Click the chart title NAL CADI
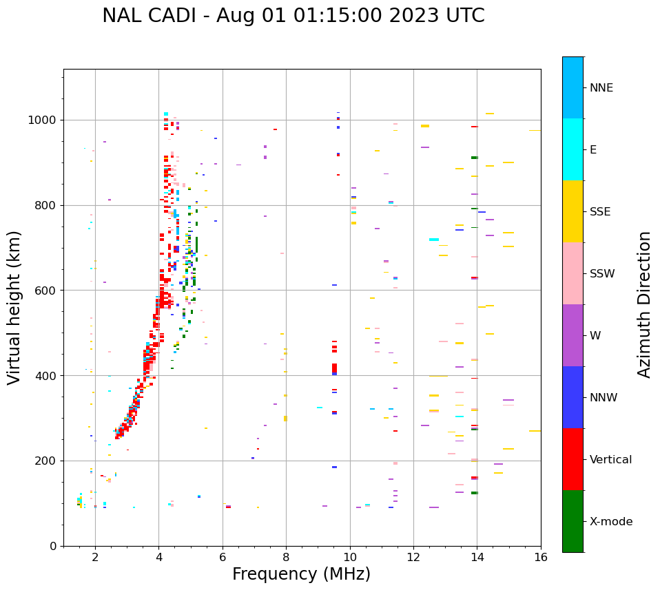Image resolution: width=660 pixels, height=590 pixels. (x=293, y=16)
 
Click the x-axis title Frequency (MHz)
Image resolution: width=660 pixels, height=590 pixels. (x=301, y=574)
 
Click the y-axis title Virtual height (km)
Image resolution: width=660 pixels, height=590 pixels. (x=14, y=307)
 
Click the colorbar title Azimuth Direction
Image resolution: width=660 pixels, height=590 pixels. (x=644, y=304)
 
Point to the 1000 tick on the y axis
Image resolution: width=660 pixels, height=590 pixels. (x=46, y=120)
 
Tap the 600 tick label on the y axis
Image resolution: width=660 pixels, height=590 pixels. (x=50, y=291)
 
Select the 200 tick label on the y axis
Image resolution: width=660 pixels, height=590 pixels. (x=50, y=461)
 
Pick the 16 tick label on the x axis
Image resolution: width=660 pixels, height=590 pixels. (x=541, y=557)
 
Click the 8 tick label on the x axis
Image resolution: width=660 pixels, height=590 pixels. (x=286, y=557)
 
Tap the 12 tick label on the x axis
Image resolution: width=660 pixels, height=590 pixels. (x=413, y=557)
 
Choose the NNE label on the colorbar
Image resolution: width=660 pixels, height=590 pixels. (x=601, y=88)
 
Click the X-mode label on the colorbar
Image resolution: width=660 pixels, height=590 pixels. (x=611, y=522)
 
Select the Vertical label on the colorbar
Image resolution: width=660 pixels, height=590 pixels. (x=611, y=460)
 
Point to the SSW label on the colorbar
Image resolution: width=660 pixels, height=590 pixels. (x=602, y=274)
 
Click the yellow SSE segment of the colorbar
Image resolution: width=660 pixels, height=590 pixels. (x=573, y=211)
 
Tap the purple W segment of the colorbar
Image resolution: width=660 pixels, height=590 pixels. (x=573, y=335)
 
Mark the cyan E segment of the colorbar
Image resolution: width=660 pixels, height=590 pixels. (x=573, y=149)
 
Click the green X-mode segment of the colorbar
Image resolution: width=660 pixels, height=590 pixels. (x=573, y=521)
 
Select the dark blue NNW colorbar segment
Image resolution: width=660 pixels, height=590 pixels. (x=573, y=397)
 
